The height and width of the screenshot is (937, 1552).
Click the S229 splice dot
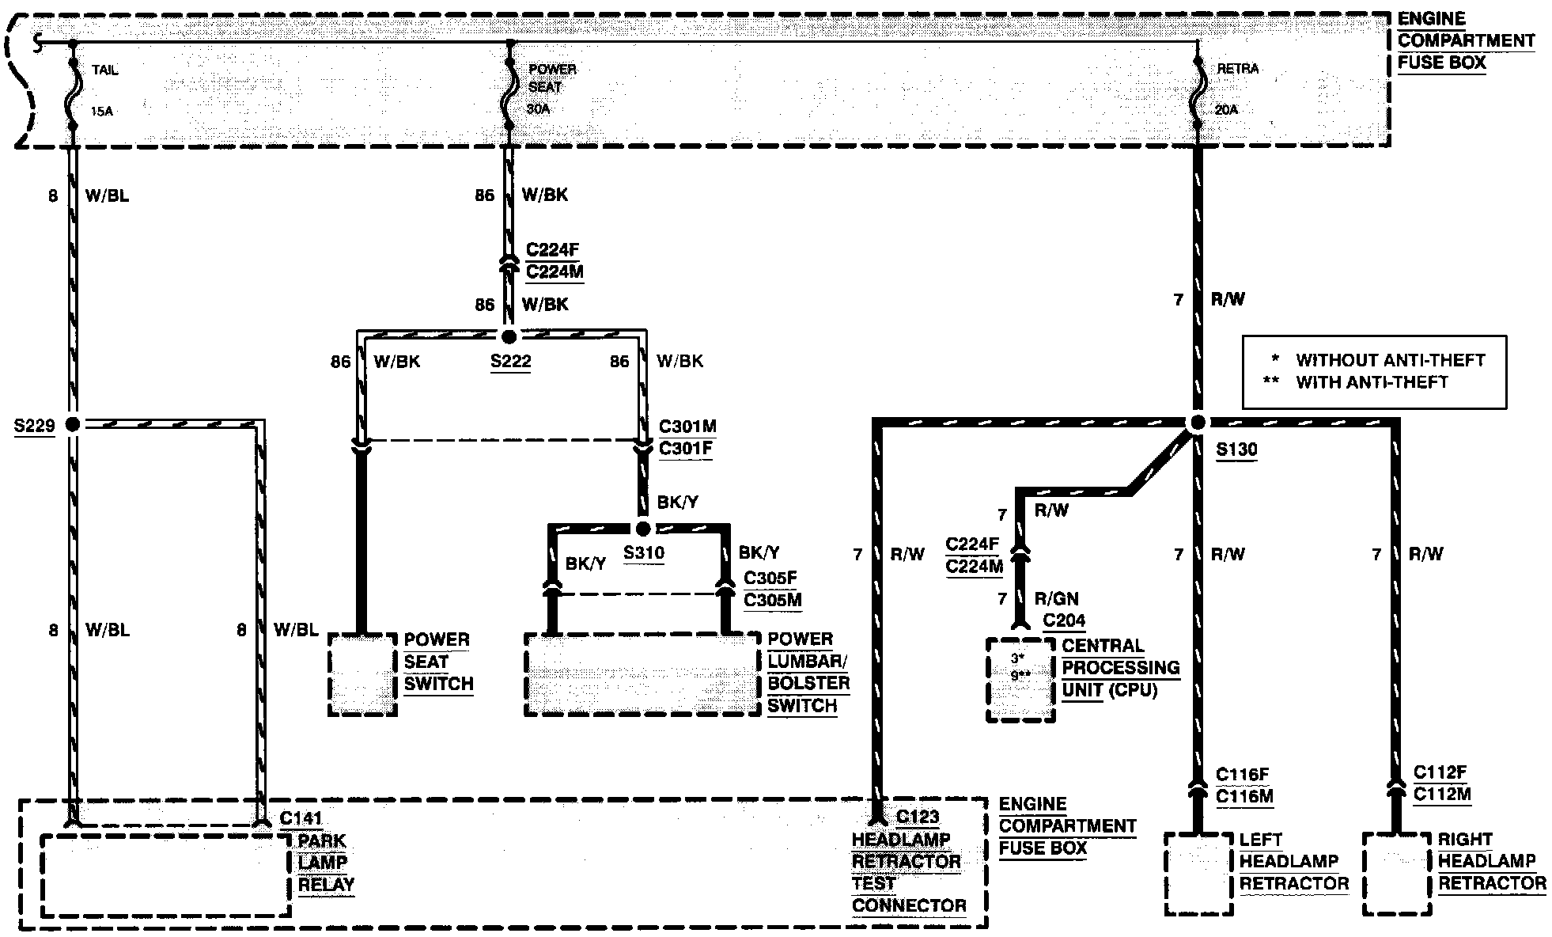pyautogui.click(x=72, y=424)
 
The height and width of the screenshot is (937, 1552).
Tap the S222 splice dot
pyautogui.click(x=509, y=336)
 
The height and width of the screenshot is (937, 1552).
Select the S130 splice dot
pyautogui.click(x=1197, y=423)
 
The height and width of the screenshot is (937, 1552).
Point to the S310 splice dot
pyautogui.click(x=643, y=528)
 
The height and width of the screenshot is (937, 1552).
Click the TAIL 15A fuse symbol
pyautogui.click(x=72, y=89)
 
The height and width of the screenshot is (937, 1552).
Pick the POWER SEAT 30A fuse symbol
pyautogui.click(x=509, y=89)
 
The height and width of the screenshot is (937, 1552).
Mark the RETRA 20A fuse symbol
pyautogui.click(x=1198, y=89)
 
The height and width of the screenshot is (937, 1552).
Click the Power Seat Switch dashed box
pyautogui.click(x=362, y=674)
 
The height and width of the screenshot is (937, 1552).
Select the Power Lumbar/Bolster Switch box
pyautogui.click(x=642, y=674)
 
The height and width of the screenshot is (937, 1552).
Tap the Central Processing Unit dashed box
pyautogui.click(x=1020, y=680)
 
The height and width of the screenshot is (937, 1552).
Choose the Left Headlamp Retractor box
pyautogui.click(x=1198, y=873)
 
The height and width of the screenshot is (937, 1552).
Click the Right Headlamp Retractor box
pyautogui.click(x=1397, y=873)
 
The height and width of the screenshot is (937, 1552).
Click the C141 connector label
pyautogui.click(x=301, y=818)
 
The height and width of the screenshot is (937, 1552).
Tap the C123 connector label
pyautogui.click(x=918, y=817)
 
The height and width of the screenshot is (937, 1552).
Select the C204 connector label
pyautogui.click(x=1064, y=620)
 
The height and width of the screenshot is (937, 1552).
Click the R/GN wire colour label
pyautogui.click(x=1056, y=598)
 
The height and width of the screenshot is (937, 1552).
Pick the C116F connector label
pyautogui.click(x=1243, y=775)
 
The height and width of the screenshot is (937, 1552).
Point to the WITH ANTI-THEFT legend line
pyautogui.click(x=1370, y=382)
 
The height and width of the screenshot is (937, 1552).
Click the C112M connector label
pyautogui.click(x=1441, y=794)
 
